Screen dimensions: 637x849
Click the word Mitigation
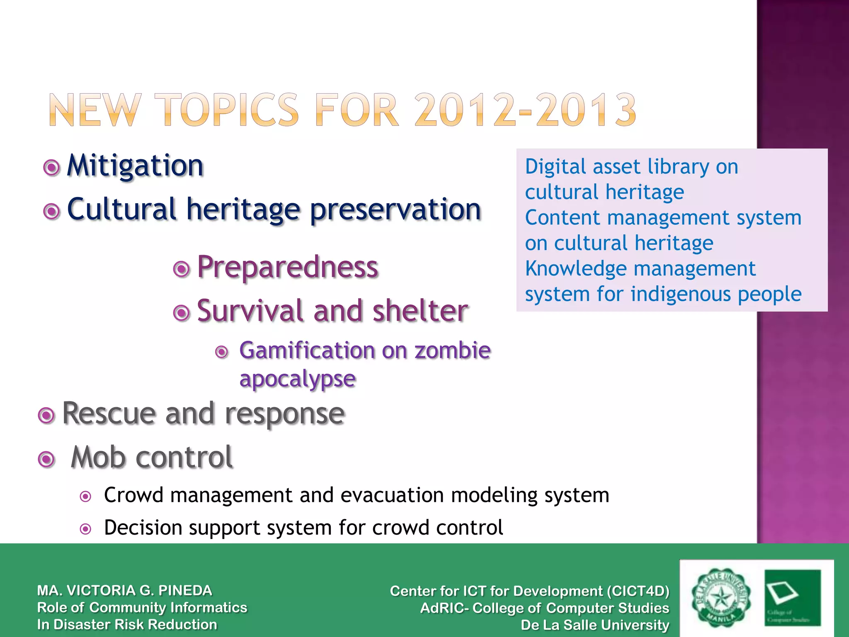pos(135,166)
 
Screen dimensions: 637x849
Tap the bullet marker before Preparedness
pos(181,269)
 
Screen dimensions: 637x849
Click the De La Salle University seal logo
pos(720,598)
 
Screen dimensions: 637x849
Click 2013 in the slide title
pos(585,110)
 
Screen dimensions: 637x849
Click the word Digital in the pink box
pos(556,167)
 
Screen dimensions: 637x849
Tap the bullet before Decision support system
pos(85,529)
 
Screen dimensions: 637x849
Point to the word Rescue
pos(109,413)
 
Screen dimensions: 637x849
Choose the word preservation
pos(395,210)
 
